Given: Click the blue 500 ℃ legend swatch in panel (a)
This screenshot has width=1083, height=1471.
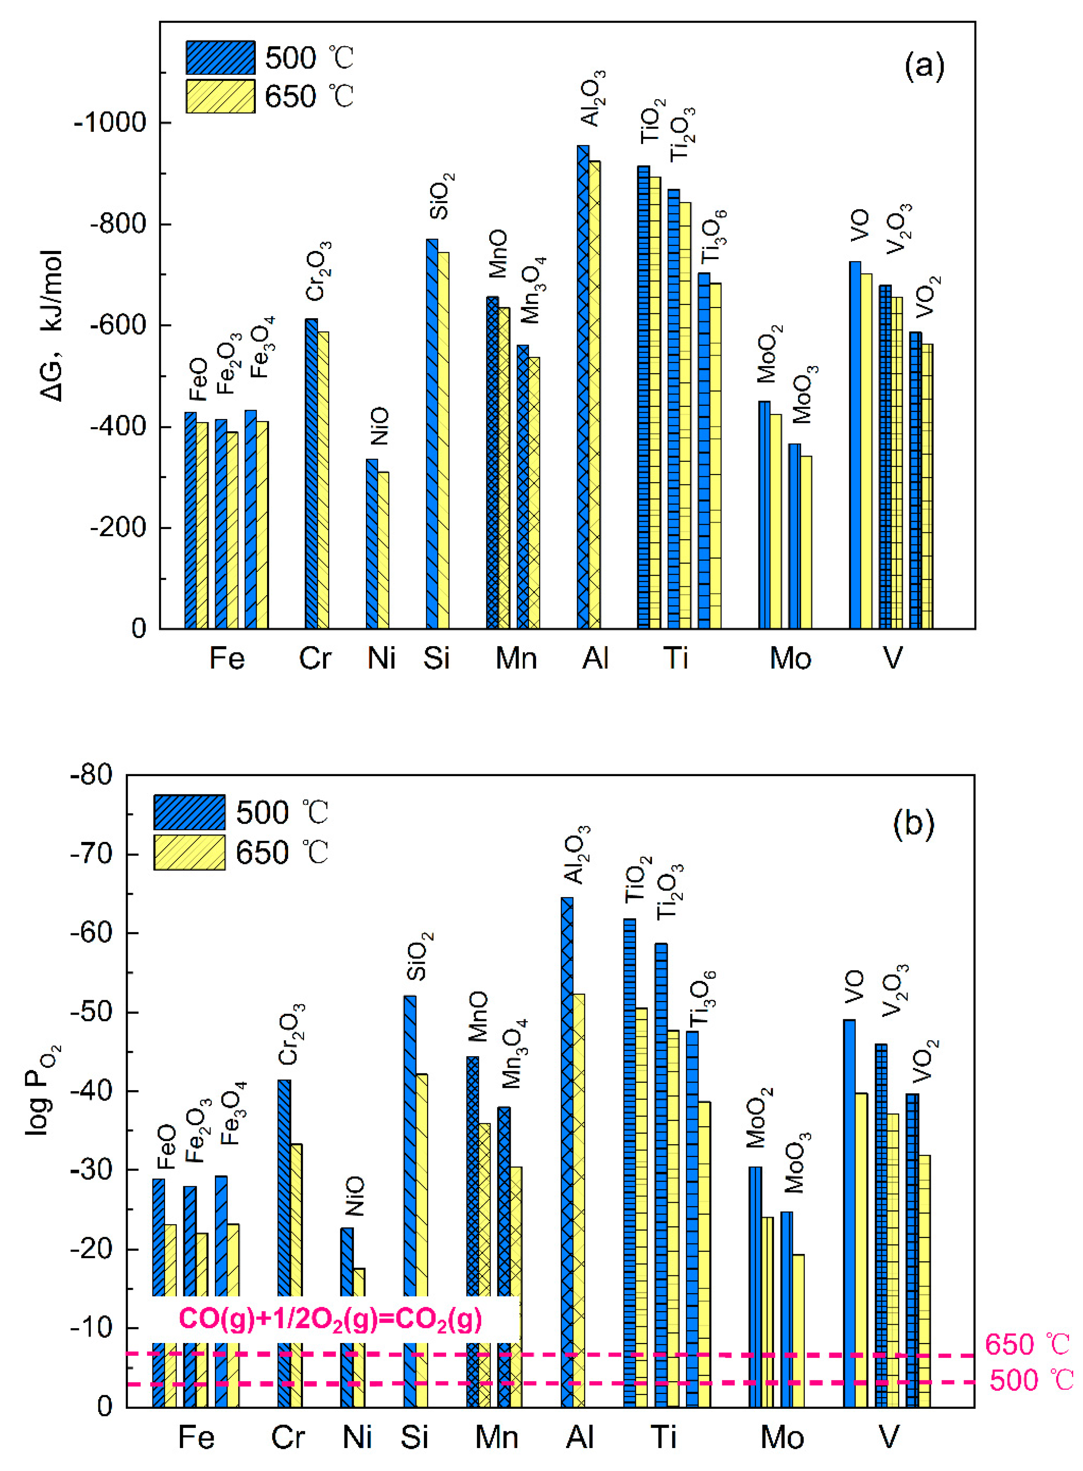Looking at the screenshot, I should [220, 58].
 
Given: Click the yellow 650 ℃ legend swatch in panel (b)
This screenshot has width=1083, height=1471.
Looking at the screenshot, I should [190, 852].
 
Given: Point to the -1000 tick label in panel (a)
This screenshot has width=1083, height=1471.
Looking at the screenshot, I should [110, 123].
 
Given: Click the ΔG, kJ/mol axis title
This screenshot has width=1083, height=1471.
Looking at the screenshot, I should [51, 326].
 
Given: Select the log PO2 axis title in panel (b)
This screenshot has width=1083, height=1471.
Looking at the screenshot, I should [40, 1090].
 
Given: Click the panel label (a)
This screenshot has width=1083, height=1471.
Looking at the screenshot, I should [924, 65].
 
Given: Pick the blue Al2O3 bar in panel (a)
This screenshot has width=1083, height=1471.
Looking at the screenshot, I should [583, 387].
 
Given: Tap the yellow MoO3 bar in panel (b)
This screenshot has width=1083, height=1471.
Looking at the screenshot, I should [798, 1330].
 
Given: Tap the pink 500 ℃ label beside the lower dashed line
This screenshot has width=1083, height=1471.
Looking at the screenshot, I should [1030, 1381].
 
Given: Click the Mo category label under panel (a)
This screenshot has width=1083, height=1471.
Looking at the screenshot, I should [790, 658].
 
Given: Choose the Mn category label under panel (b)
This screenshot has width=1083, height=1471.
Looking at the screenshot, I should [496, 1438].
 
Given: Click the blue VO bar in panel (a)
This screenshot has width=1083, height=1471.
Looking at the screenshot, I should [855, 445].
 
